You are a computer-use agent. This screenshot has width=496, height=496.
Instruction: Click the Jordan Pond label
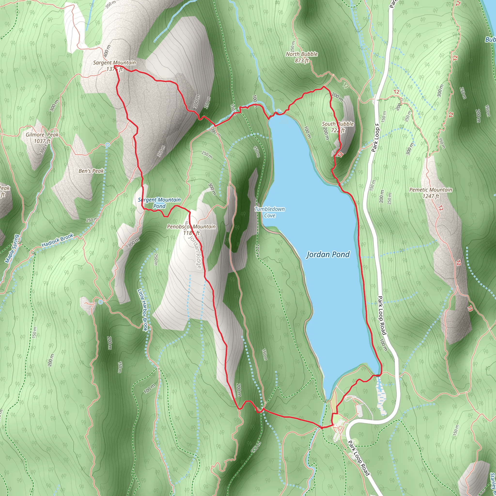point(328,255)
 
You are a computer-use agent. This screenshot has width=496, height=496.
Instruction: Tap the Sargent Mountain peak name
point(115,63)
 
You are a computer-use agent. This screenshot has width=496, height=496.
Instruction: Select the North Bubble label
point(302,54)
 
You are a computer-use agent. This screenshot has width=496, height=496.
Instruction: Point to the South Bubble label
point(338,124)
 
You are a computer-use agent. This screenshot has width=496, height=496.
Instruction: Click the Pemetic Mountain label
point(431,190)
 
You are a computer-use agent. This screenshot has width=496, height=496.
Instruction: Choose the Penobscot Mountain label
point(191,226)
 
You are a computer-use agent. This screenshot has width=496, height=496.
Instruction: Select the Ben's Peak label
point(91,171)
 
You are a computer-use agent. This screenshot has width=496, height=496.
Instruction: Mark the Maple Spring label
point(12,248)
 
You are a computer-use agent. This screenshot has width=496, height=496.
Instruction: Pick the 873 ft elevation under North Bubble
point(302,61)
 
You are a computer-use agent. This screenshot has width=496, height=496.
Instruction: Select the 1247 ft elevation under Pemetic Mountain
point(431,196)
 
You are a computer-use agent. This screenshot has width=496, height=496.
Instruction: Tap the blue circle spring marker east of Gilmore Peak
point(108,145)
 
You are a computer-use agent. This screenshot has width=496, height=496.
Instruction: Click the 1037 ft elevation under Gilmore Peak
point(42,141)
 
